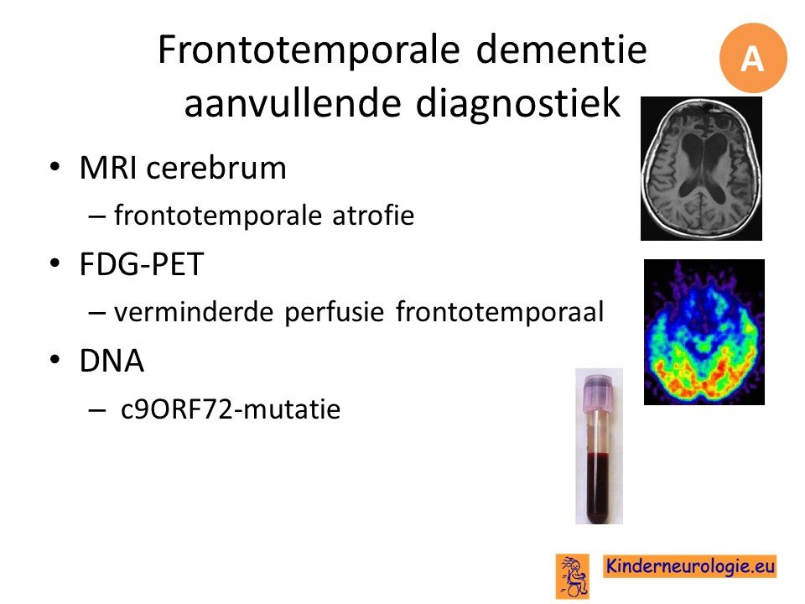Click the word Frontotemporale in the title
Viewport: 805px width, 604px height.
309,50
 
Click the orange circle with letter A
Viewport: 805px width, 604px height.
753,58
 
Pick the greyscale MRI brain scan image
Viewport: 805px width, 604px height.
701,169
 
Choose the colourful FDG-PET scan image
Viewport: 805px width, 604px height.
704,332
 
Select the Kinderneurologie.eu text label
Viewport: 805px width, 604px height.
690,566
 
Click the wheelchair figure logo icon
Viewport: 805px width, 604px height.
573,576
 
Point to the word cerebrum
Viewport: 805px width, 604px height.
216,168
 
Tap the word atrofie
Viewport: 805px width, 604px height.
373,215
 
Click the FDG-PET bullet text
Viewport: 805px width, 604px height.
142,264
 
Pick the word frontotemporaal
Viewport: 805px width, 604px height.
500,311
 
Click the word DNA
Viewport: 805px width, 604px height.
112,361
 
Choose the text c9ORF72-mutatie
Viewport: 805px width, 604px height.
231,409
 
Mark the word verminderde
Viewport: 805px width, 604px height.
194,312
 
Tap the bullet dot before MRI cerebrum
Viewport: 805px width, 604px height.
55,168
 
